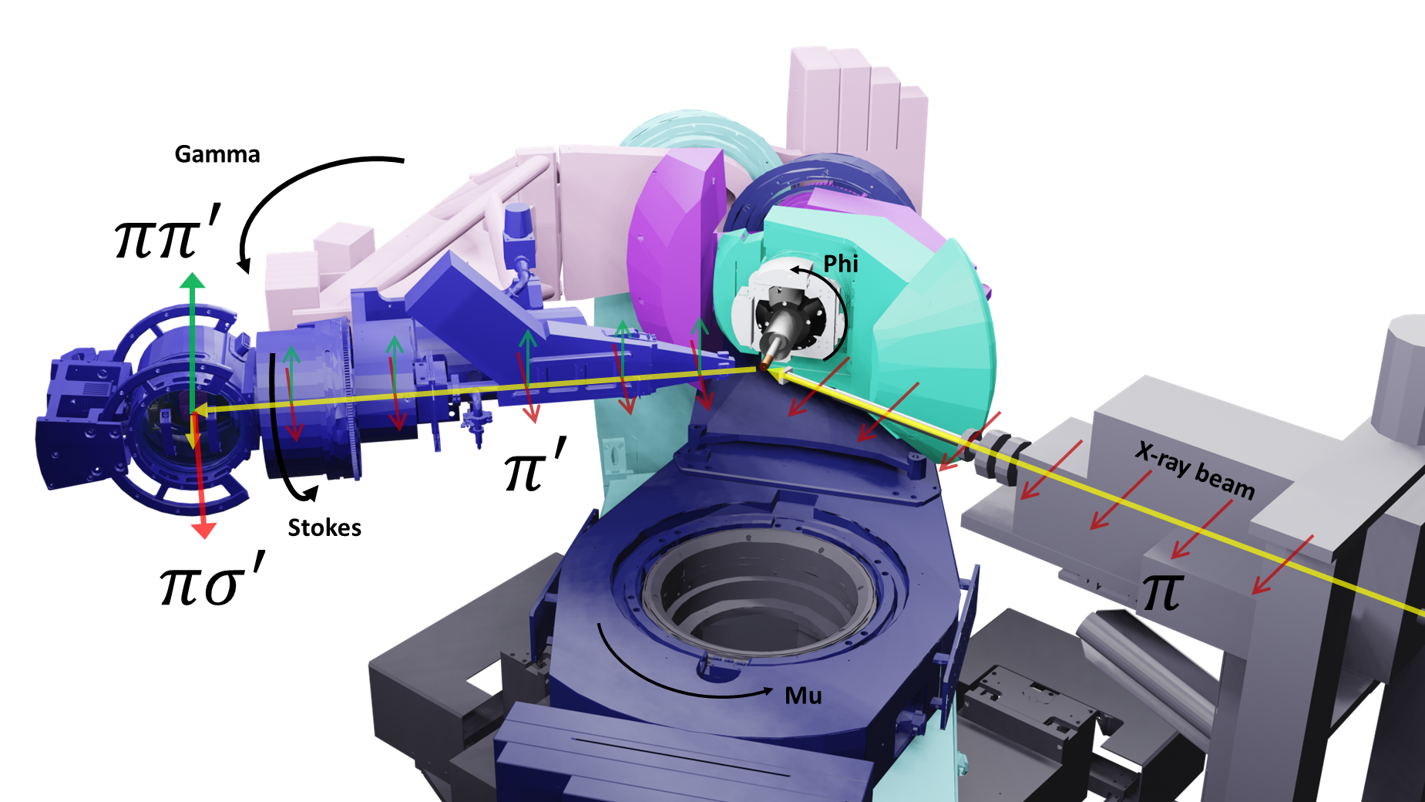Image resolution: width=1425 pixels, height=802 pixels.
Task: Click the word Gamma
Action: click(217, 154)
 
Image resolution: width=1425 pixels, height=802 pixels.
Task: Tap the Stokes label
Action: click(324, 527)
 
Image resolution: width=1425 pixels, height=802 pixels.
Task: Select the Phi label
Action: click(841, 264)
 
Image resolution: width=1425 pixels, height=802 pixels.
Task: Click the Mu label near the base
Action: click(803, 696)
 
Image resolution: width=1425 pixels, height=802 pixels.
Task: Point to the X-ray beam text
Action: click(1195, 470)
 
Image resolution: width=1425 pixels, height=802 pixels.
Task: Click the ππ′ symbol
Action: click(167, 231)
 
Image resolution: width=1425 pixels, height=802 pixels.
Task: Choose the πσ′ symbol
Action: click(212, 578)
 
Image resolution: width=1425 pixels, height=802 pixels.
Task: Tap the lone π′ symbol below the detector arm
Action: click(535, 464)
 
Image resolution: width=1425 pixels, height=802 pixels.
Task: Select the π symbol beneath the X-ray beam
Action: click(1162, 592)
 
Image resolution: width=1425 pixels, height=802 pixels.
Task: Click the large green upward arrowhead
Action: click(192, 280)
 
